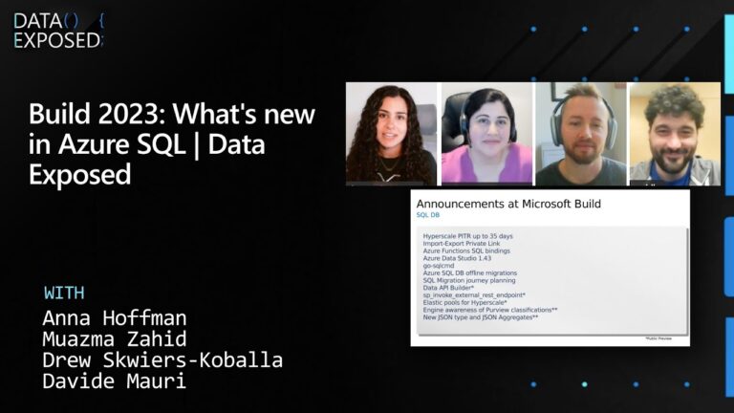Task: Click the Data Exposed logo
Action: pos(57,30)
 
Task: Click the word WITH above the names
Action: pos(64,293)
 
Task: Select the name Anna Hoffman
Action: pos(115,317)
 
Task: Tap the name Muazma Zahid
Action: pos(115,338)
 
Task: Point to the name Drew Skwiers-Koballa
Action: pos(162,360)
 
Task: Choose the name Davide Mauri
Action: pos(115,382)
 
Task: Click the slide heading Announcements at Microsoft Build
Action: pos(508,204)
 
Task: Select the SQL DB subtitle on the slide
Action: pos(428,215)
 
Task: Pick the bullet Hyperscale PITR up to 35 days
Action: pos(468,236)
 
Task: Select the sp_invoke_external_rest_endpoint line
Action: pos(475,295)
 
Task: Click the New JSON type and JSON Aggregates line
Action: pos(481,316)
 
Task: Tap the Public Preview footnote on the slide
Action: pos(661,337)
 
